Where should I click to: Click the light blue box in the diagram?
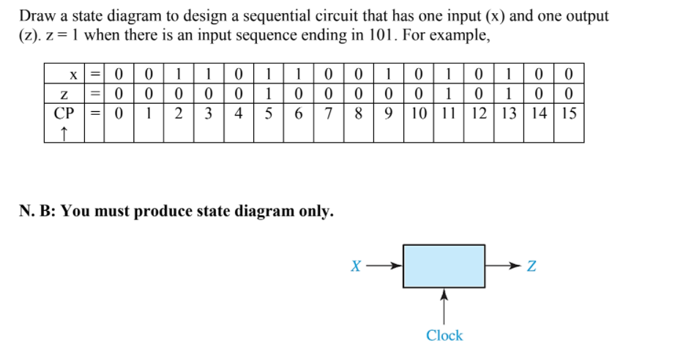pyautogui.click(x=444, y=266)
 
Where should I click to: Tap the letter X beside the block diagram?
pyautogui.click(x=355, y=267)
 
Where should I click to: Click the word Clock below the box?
pyautogui.click(x=444, y=336)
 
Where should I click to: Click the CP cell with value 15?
pyautogui.click(x=569, y=113)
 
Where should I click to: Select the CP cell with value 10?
pyautogui.click(x=418, y=113)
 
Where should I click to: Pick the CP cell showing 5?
pyautogui.click(x=268, y=113)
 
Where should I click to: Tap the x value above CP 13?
pyautogui.click(x=509, y=74)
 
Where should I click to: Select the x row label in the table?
pyautogui.click(x=72, y=74)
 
